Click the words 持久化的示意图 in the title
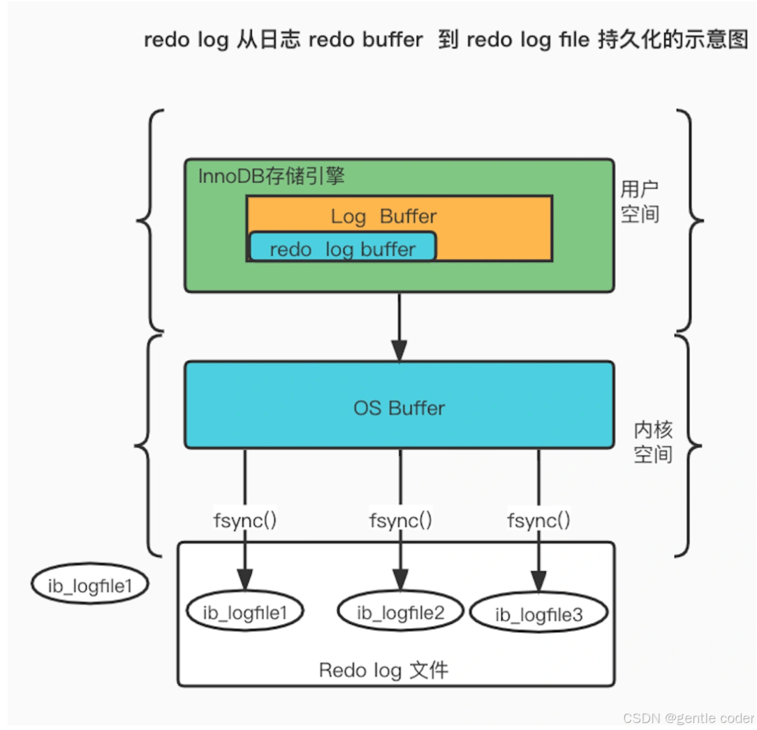673,40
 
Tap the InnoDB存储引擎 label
272,175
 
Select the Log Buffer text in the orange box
383,216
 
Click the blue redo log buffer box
342,248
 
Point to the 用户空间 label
639,201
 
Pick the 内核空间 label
652,441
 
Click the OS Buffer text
399,408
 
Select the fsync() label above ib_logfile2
400,520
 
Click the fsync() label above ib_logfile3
538,520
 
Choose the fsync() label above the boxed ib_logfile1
245,520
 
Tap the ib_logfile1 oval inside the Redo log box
245,612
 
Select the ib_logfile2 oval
401,612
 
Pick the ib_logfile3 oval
538,614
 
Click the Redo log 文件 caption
383,670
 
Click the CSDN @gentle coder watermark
688,718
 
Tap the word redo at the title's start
166,40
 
